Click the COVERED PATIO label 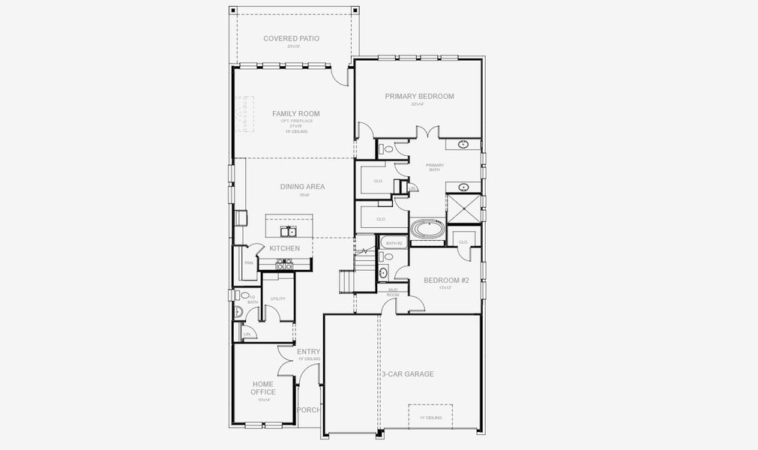(291, 38)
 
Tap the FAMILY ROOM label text (295, 114)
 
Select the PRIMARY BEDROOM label (419, 96)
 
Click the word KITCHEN (285, 248)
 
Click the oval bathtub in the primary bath (427, 229)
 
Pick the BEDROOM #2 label (446, 280)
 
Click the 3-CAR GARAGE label (407, 373)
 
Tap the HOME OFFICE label (262, 388)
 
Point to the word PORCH (308, 410)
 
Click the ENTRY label (308, 352)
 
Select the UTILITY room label (277, 298)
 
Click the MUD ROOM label (393, 292)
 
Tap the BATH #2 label (393, 243)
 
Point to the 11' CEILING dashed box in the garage (430, 417)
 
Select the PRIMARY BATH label (435, 167)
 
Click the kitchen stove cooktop (284, 264)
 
